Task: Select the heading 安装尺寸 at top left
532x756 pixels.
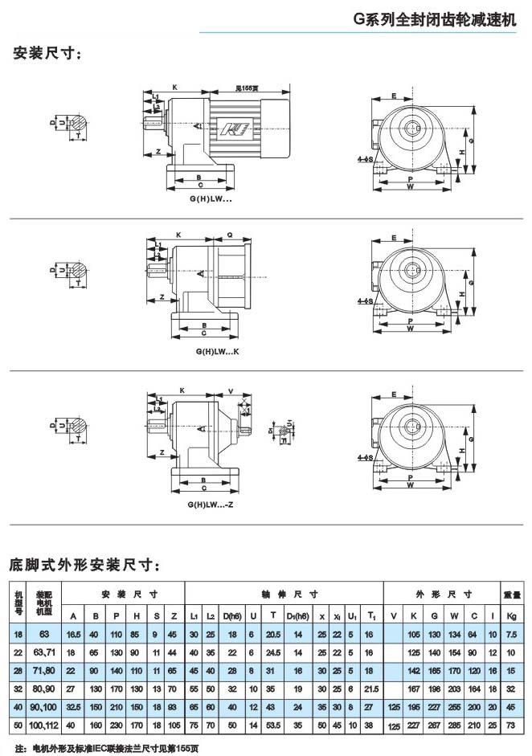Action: coord(47,55)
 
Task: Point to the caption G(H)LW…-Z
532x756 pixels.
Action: coord(207,505)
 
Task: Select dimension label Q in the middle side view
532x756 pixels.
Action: coord(230,236)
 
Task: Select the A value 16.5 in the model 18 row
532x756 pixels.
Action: coord(73,635)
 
